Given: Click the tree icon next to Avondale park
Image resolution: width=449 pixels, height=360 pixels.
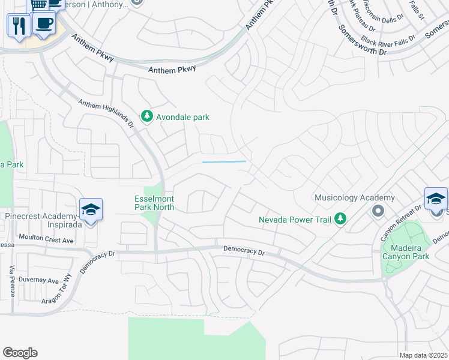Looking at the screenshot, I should [147, 116].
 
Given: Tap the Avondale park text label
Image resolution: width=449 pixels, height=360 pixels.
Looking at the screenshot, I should [182, 117].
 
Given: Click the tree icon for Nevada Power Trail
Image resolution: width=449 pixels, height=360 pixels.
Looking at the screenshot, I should [340, 219].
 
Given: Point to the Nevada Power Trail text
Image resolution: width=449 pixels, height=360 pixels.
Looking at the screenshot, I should [295, 220].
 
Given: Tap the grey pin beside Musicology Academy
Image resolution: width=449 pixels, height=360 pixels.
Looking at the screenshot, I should [378, 211].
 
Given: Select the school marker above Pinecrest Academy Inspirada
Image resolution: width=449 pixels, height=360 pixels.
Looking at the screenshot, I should [91, 209].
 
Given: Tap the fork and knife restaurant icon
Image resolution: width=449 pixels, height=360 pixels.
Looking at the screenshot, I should [18, 26].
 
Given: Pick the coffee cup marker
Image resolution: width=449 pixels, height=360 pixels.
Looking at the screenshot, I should [44, 23].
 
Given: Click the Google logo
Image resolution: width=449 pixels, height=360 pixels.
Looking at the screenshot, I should [20, 353].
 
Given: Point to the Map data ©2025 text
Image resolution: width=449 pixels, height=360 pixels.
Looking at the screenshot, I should [423, 355].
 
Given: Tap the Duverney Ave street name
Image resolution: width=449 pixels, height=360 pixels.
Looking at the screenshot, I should [41, 280].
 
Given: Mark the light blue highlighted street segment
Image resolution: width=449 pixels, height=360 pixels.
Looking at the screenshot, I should [224, 161].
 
